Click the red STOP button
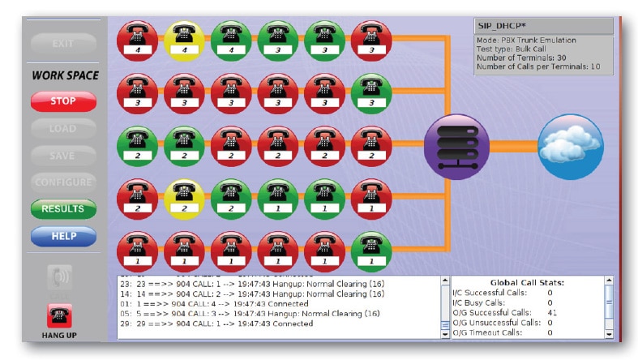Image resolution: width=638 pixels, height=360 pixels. pos(63,102)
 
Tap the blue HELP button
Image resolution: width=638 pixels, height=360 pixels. pos(63,235)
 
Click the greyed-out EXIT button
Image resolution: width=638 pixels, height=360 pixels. pos(63,43)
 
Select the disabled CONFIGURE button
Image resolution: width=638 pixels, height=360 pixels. pos(63,182)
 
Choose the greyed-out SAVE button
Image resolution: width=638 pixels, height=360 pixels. pos(63,155)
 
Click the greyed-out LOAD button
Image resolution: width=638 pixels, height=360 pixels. pos(63,128)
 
